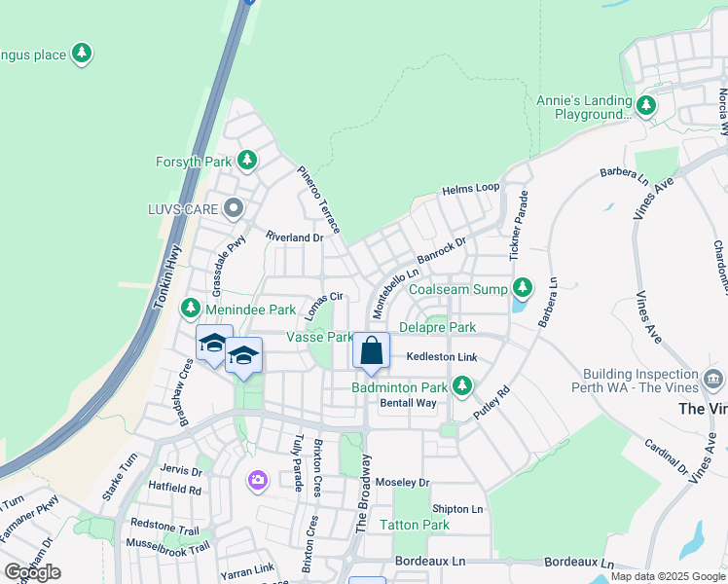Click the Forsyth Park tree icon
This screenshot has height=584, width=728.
coord(247,161)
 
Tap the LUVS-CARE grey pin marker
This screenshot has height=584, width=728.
coord(233,208)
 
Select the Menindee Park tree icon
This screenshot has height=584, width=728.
coord(191,310)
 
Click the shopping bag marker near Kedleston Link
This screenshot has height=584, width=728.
coord(371,352)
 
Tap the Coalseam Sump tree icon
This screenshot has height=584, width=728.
coord(524,289)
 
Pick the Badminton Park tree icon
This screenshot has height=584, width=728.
coord(462,387)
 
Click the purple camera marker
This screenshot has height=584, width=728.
coord(257,479)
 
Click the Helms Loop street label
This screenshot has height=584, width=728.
coord(470,189)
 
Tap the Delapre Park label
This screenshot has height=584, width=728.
coord(437,327)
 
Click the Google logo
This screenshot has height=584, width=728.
coord(32,571)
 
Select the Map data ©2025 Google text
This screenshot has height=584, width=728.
coord(668,576)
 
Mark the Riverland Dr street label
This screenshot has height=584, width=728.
coord(294,237)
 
